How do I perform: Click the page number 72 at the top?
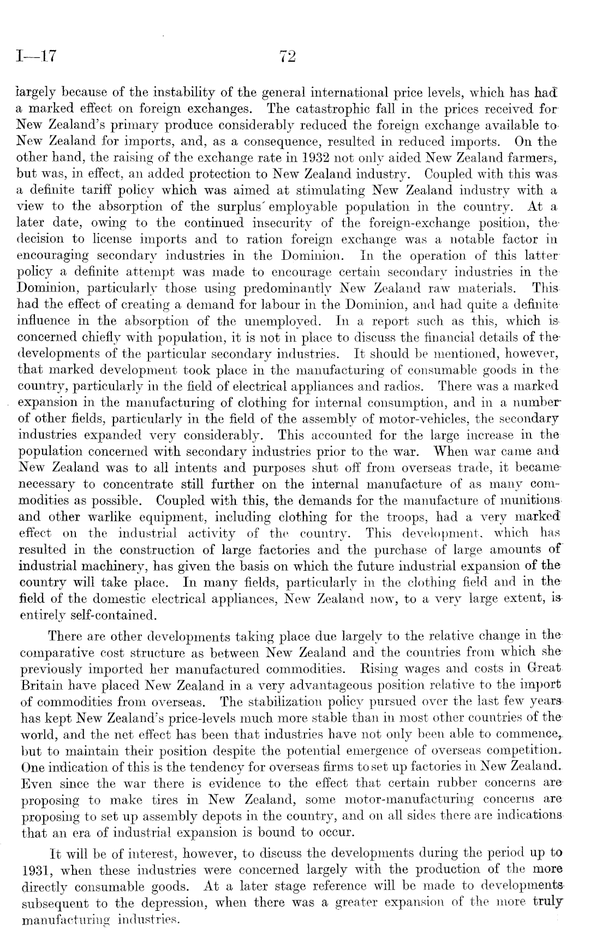287,56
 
